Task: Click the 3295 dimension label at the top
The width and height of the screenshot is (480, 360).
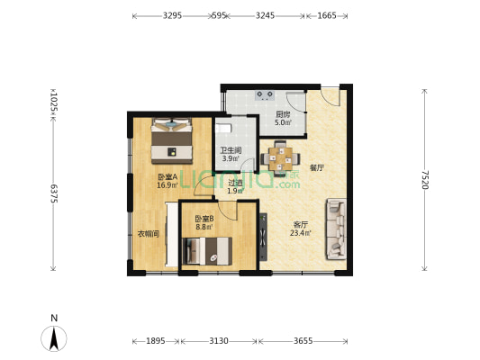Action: coord(172,15)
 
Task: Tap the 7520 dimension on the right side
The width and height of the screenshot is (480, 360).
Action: coord(424,179)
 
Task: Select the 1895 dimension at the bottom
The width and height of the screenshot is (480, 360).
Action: coord(156,341)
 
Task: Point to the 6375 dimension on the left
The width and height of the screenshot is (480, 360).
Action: coord(53,193)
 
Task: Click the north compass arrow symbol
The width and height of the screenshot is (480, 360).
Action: coord(54,338)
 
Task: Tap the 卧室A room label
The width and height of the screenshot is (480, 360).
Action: coord(168,176)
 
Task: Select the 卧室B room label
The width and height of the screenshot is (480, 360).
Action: coord(204,219)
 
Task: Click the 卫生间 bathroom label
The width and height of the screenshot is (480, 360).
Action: coord(231,150)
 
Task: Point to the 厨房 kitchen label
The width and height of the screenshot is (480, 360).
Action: coord(283,114)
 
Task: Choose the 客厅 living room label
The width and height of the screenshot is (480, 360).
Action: coord(300,224)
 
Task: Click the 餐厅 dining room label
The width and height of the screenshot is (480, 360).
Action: coord(316,167)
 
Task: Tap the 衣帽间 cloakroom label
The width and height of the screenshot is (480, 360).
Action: coord(149,234)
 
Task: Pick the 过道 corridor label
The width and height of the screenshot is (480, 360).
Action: coord(235,183)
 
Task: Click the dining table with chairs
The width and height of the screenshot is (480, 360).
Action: coord(280,157)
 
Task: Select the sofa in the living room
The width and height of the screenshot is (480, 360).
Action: coord(336,229)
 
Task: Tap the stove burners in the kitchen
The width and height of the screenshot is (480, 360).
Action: coord(265,95)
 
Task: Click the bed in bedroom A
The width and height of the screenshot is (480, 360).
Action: coord(172,140)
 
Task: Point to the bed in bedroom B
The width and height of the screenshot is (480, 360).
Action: coord(207,251)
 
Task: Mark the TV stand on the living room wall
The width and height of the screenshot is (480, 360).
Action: coord(263,237)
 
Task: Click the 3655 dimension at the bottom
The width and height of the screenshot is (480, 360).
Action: coord(303,341)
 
